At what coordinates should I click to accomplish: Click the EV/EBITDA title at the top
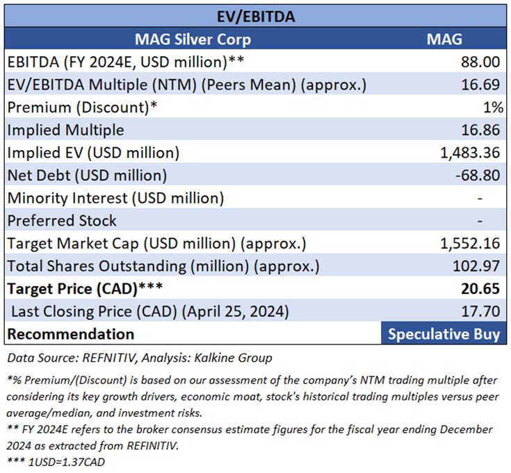(x=255, y=16)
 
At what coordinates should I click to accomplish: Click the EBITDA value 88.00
(x=480, y=62)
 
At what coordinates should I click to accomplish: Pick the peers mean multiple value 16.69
(x=480, y=85)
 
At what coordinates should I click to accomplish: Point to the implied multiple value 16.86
(x=480, y=130)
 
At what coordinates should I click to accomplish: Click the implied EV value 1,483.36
(x=469, y=153)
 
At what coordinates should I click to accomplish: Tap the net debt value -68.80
(x=478, y=175)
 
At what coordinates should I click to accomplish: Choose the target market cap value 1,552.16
(x=469, y=243)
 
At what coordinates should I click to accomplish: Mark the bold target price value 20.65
(x=480, y=289)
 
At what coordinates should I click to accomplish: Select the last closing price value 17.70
(x=480, y=311)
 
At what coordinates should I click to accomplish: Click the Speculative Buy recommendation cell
(x=444, y=334)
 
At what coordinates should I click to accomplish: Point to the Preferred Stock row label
(x=63, y=220)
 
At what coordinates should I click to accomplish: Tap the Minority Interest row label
(x=116, y=198)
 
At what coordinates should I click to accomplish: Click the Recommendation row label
(x=71, y=334)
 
